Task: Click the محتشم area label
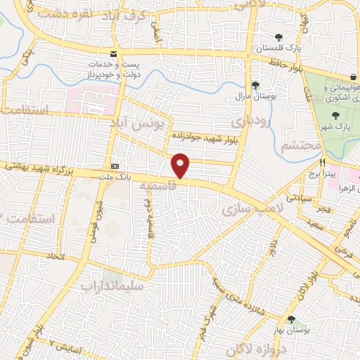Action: click(x=300, y=145)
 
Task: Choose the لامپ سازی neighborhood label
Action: click(x=251, y=205)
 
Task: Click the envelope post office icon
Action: click(x=113, y=54)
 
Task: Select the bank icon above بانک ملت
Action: click(x=114, y=166)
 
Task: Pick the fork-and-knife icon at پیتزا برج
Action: click(x=322, y=161)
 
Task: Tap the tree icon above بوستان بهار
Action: click(x=291, y=319)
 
